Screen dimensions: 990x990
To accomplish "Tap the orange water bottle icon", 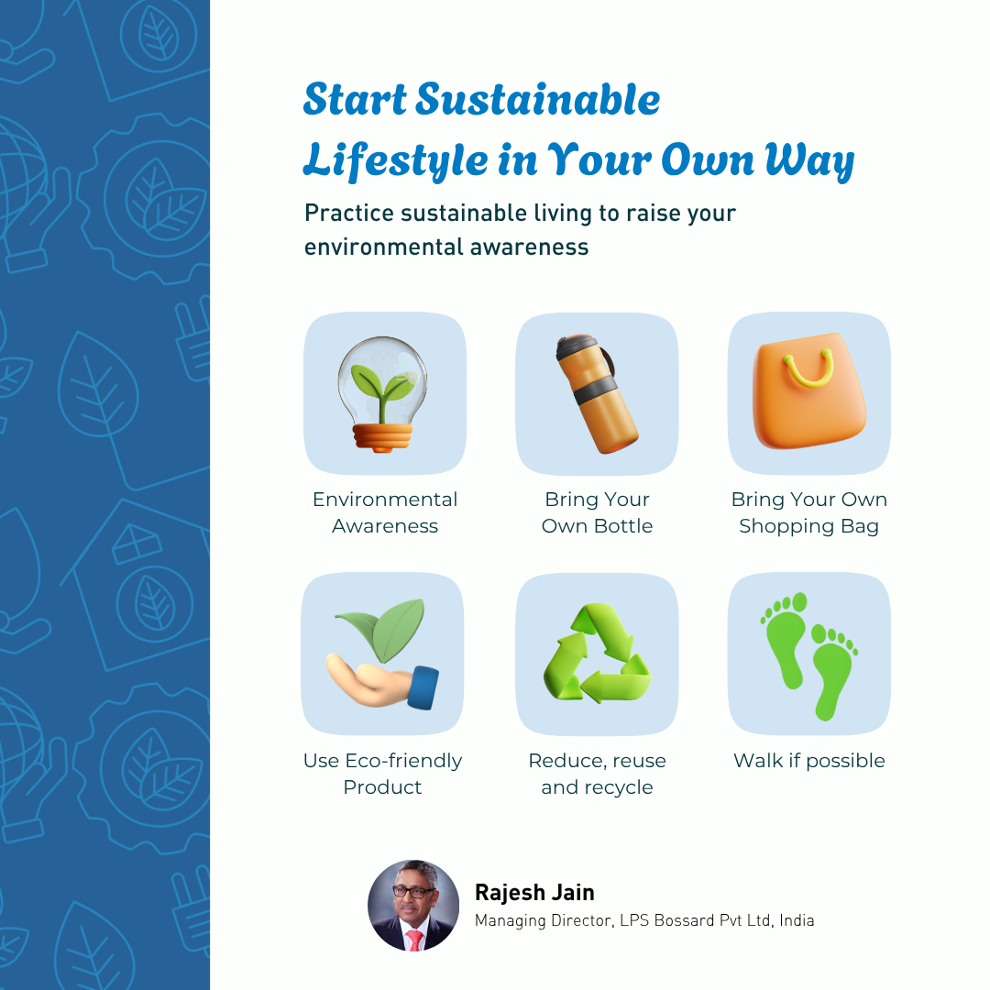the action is (x=596, y=393).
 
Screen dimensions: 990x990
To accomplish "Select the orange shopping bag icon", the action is (x=808, y=390).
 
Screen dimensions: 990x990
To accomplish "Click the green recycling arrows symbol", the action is (x=597, y=653).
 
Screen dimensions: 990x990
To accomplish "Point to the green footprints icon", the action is (x=809, y=656).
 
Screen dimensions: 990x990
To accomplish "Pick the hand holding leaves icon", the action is (x=382, y=654).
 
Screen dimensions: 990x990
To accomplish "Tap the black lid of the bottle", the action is (x=576, y=346).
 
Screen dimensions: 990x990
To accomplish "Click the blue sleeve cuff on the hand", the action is (x=423, y=687).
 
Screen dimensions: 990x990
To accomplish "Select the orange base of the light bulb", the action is (x=382, y=437).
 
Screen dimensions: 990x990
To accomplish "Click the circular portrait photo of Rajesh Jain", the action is (x=413, y=905).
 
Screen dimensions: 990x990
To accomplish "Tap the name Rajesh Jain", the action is (x=534, y=892).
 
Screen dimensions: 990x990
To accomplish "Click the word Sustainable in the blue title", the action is (x=537, y=100).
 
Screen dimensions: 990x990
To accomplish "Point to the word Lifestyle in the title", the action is (x=395, y=160).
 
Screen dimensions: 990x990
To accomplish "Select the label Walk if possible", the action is (x=808, y=760).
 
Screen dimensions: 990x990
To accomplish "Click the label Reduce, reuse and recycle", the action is (x=597, y=774).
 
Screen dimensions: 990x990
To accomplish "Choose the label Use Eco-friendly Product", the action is (x=382, y=774).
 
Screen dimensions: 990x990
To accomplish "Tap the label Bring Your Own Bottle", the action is (x=597, y=512).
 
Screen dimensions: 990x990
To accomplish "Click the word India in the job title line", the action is (x=797, y=920).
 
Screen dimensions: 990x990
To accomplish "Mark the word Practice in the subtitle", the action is (x=348, y=214).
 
